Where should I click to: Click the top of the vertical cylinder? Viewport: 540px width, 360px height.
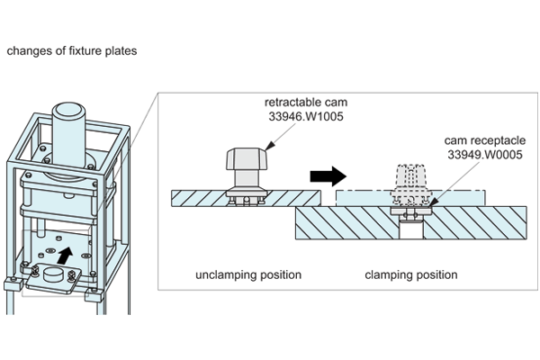pyautogui.click(x=70, y=112)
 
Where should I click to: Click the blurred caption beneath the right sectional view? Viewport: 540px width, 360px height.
pyautogui.click(x=409, y=268)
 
